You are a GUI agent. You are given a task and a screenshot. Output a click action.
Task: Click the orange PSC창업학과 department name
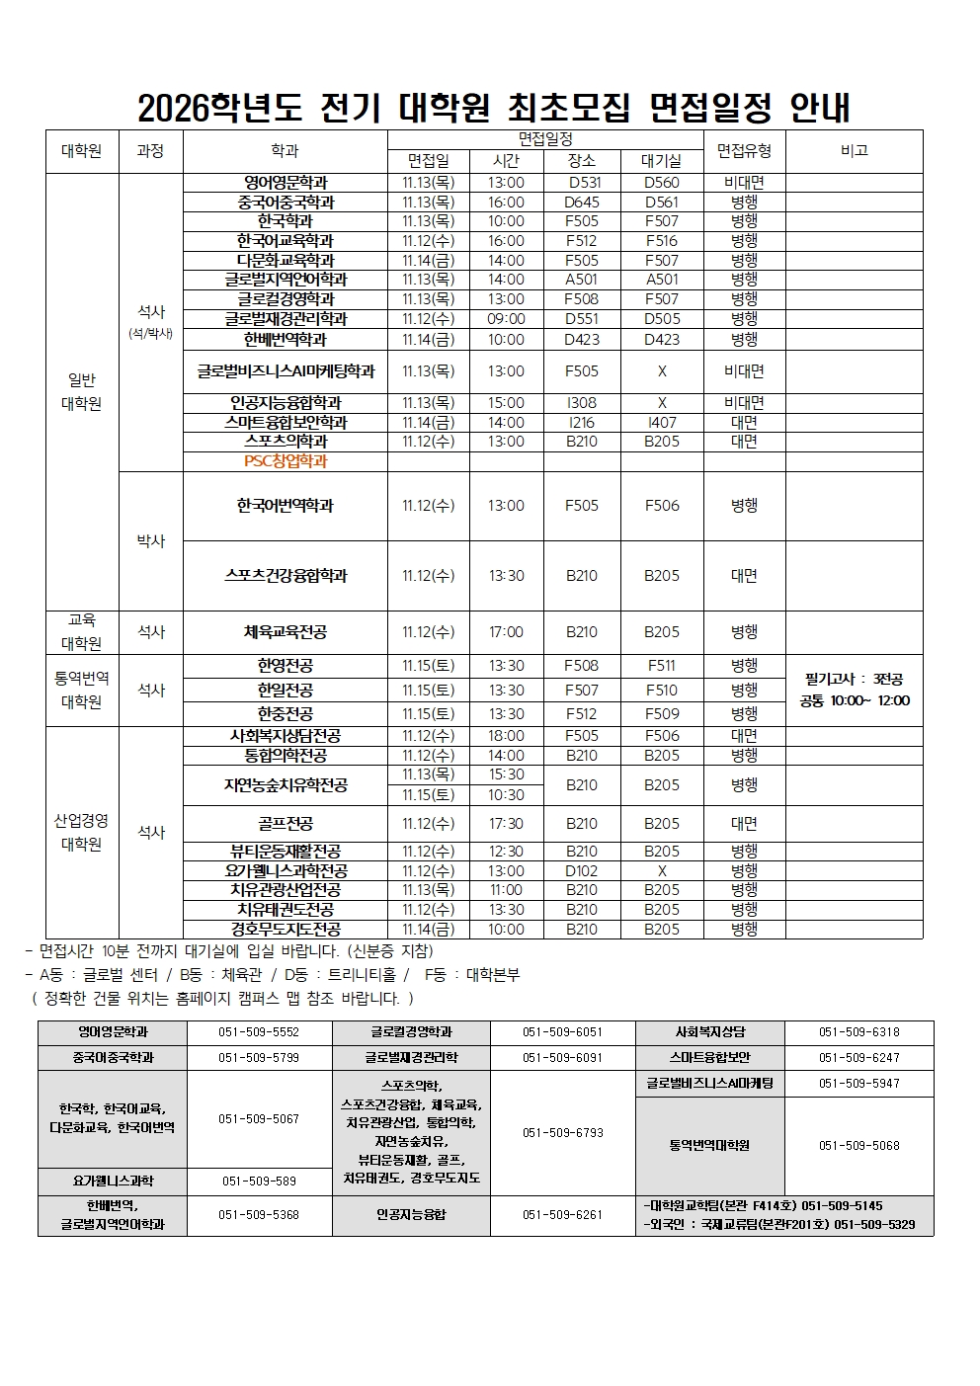click(286, 461)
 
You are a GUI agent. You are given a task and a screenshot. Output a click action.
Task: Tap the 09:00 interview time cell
click(506, 319)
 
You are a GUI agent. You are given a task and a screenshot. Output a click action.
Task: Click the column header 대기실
click(662, 161)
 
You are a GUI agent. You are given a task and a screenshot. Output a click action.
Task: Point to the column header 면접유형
click(744, 150)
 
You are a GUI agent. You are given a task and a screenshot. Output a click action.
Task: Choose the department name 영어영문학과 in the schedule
click(286, 183)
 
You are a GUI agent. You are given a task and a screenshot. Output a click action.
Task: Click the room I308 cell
click(582, 403)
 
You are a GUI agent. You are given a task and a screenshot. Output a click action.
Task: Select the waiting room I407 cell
click(662, 423)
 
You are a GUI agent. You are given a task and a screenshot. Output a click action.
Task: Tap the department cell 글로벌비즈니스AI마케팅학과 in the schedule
click(286, 371)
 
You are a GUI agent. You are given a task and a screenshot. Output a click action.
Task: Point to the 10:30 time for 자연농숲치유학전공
click(506, 795)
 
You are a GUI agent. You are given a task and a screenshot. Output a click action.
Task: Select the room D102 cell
click(582, 870)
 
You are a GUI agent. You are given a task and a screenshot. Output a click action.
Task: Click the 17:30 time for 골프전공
click(506, 824)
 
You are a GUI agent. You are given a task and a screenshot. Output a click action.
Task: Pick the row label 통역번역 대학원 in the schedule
click(82, 690)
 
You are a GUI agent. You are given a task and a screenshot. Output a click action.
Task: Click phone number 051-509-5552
click(259, 1032)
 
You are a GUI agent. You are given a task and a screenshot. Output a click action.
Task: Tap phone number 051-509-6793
click(562, 1133)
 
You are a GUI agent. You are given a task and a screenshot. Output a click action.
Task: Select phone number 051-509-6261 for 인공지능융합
click(562, 1215)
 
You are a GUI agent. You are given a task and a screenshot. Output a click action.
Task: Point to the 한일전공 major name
click(286, 690)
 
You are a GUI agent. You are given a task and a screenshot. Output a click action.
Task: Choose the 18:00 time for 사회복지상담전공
click(506, 736)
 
